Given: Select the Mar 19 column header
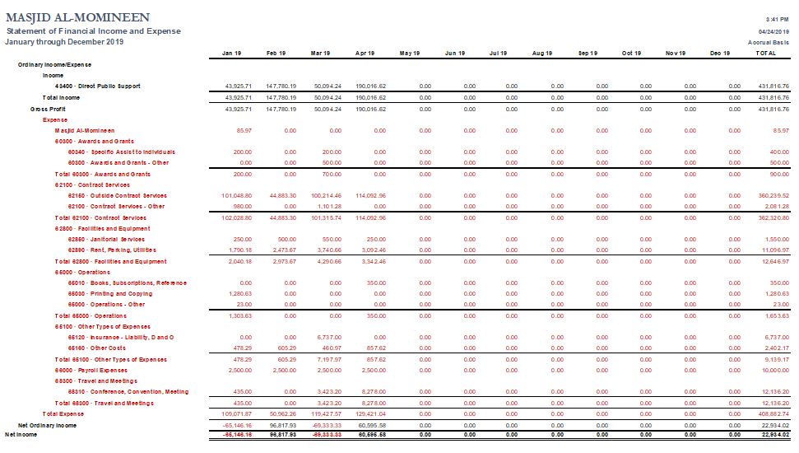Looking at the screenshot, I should point(320,53).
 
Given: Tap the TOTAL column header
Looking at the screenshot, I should point(765,53).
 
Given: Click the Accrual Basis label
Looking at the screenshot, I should point(769,41).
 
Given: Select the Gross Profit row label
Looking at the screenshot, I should point(49,109).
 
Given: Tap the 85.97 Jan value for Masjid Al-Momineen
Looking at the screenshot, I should point(244,130).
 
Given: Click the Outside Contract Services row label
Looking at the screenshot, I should point(117,195).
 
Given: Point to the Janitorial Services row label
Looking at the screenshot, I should point(105,239).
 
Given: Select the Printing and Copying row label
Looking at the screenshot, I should point(109,293).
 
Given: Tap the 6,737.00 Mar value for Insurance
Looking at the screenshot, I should point(328,337).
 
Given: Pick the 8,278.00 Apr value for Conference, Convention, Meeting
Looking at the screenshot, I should point(374,392).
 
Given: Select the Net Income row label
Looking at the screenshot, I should point(22,433).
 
